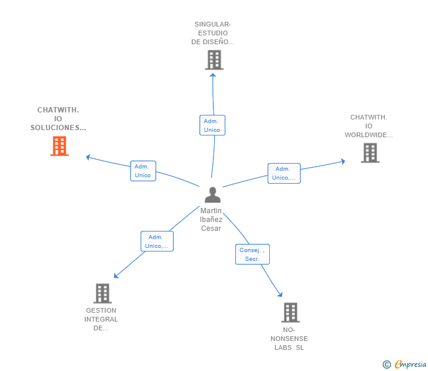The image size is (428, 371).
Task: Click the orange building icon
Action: click(x=59, y=146)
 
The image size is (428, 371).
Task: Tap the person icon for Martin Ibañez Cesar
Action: click(x=212, y=195)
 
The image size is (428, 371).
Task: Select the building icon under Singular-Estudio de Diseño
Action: click(x=214, y=60)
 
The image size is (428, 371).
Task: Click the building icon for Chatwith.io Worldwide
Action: click(x=370, y=153)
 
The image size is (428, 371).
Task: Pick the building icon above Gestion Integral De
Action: click(x=102, y=293)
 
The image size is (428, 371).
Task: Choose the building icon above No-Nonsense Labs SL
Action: click(x=290, y=312)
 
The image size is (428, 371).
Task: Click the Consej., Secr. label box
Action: click(x=252, y=254)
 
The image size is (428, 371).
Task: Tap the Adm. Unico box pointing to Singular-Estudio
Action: click(x=212, y=125)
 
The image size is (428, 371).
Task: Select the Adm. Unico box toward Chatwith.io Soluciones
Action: click(x=143, y=171)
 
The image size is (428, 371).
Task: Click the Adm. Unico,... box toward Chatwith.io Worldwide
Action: click(x=284, y=173)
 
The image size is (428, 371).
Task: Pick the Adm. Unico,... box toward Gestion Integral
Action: click(x=157, y=241)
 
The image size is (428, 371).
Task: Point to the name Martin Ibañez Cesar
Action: click(x=211, y=220)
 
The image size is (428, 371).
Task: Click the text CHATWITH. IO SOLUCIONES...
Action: click(x=58, y=119)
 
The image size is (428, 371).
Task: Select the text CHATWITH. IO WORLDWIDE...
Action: click(x=369, y=126)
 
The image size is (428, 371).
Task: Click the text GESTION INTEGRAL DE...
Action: click(x=101, y=319)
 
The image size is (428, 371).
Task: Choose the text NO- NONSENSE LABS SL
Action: click(x=289, y=339)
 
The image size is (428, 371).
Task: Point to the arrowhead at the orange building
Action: click(x=88, y=157)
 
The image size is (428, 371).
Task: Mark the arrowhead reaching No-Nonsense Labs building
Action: click(x=280, y=294)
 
